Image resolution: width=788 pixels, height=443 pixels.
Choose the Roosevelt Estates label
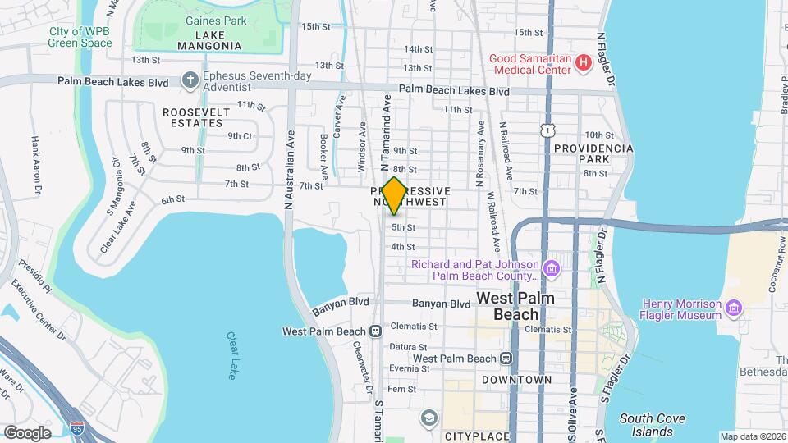point(193,116)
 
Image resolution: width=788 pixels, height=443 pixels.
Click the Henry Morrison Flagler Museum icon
point(734,308)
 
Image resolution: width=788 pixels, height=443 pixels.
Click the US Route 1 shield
point(546,130)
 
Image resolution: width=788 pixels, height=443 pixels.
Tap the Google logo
point(27,432)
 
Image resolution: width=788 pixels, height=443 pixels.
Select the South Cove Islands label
point(653,425)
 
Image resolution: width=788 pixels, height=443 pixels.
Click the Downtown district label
point(516,380)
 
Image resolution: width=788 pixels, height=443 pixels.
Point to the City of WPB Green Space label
point(80,37)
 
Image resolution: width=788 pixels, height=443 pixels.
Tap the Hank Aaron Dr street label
point(36,167)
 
